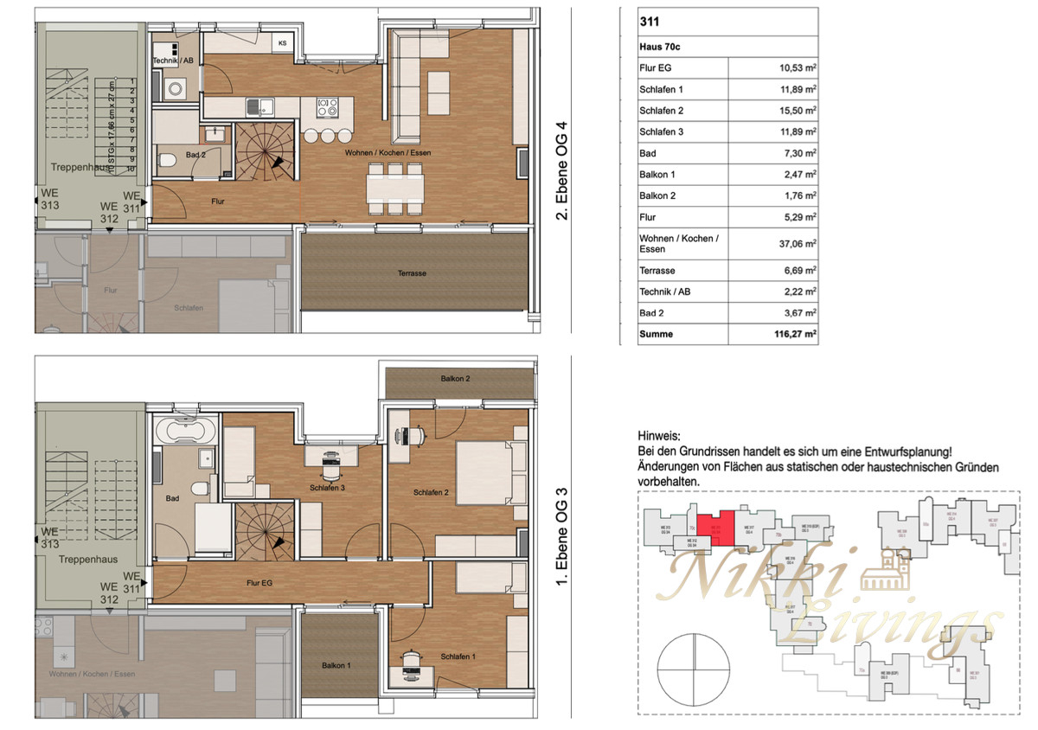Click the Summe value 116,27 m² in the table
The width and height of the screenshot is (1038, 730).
coord(793,334)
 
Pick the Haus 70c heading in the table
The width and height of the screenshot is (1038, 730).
coord(659,46)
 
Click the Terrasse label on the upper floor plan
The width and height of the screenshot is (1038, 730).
coord(412,273)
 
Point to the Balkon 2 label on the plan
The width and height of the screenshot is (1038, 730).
coord(455,379)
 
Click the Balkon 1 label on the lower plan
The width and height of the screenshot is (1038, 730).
coord(337,665)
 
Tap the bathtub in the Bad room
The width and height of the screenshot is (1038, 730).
coord(185,432)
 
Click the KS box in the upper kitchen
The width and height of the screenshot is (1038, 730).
coord(282,42)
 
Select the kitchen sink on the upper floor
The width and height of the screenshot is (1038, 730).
coord(259,107)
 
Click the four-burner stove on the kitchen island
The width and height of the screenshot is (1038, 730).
coord(329,107)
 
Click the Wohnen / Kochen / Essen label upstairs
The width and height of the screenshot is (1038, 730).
coord(388,153)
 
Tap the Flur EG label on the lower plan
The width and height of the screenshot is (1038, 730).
coord(259,583)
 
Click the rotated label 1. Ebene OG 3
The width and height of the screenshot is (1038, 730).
coord(561,536)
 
